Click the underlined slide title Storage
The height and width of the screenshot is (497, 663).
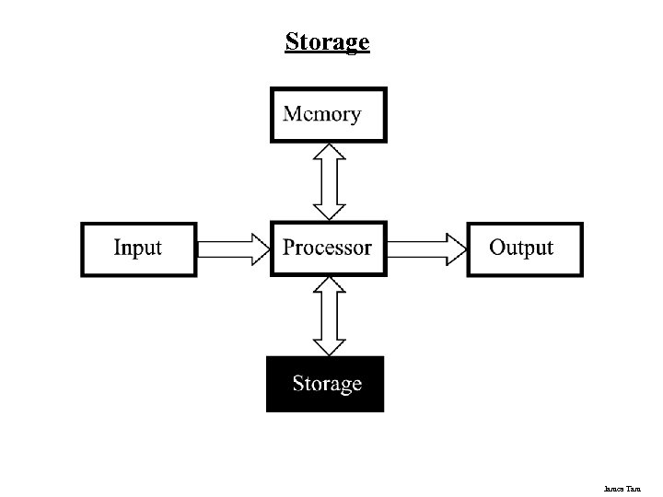(x=327, y=42)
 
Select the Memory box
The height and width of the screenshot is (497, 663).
(x=328, y=115)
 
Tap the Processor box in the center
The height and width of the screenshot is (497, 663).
(x=328, y=248)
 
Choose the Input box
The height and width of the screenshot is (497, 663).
(x=138, y=248)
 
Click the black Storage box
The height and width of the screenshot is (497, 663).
(x=325, y=384)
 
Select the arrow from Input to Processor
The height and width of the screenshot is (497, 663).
(x=233, y=248)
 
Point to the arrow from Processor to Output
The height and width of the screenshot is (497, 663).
(x=426, y=248)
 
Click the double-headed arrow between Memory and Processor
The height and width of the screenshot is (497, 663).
(x=329, y=181)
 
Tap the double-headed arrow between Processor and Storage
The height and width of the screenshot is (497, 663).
(x=329, y=316)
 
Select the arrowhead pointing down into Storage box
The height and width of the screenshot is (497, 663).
(x=329, y=346)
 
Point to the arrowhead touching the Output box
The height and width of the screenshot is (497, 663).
(x=456, y=248)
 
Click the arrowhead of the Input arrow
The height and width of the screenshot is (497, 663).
(x=260, y=248)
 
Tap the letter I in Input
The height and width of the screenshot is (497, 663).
(x=117, y=248)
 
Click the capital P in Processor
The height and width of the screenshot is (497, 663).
(x=289, y=248)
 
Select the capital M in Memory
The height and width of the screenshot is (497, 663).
(x=293, y=114)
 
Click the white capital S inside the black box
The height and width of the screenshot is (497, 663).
(x=298, y=384)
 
